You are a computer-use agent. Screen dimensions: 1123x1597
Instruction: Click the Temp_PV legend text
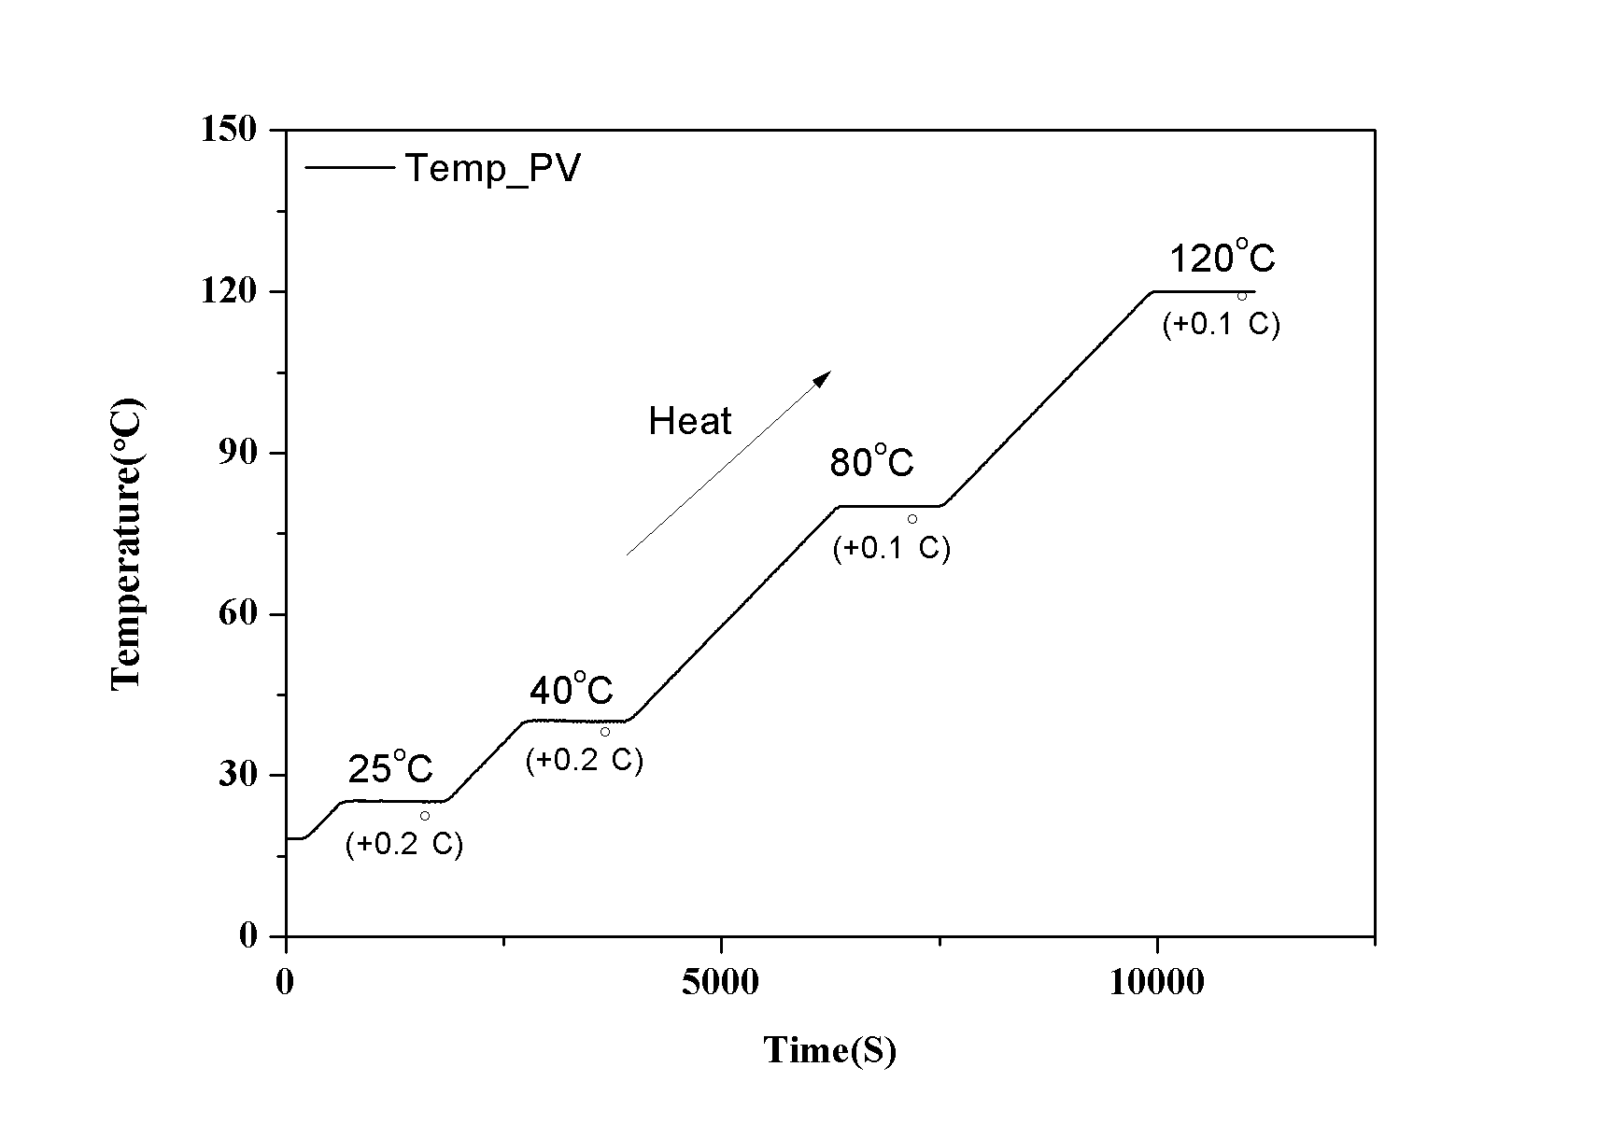pos(492,169)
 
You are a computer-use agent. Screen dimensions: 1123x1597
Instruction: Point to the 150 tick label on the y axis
pos(229,129)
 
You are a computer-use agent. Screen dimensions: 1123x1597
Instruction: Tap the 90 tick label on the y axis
pos(239,453)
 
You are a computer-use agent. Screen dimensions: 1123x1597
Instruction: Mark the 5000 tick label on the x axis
pos(720,982)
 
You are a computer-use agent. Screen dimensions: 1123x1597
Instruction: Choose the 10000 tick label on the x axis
pos(1156,982)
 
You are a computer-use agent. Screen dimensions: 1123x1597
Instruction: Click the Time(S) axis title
pos(830,1050)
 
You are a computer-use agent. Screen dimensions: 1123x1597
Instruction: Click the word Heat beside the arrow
pos(689,422)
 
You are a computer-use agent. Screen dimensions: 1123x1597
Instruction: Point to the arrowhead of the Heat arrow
pos(823,376)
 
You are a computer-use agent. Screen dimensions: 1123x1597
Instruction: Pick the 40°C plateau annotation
pos(571,689)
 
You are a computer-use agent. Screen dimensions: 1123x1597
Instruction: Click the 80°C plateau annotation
pos(871,461)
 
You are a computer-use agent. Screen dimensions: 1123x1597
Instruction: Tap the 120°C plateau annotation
pos(1222,257)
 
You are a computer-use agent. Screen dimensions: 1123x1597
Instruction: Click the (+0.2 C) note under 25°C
pos(404,844)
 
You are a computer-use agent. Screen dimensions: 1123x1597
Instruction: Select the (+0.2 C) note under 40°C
pos(585,760)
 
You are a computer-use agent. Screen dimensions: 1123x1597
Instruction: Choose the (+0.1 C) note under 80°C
pos(892,548)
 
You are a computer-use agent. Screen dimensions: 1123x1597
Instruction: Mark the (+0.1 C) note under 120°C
pos(1221,325)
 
